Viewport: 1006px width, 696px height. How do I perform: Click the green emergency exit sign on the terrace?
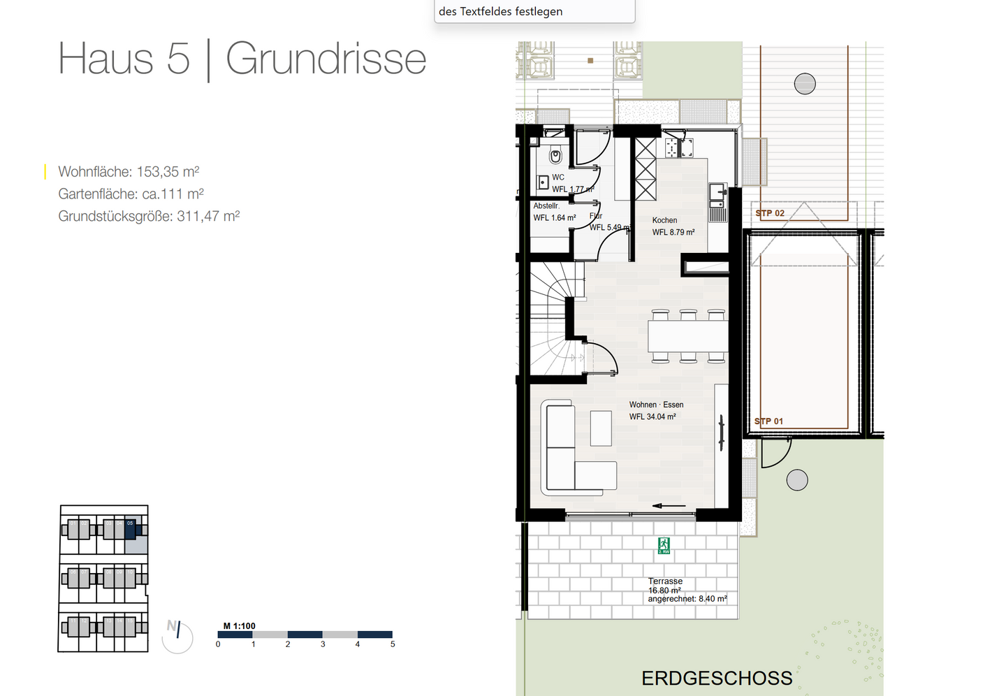point(663,546)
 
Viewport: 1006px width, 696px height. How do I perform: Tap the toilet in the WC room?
point(556,155)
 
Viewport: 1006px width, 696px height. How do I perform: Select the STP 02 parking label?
point(770,213)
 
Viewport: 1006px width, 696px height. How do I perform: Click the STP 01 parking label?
point(769,421)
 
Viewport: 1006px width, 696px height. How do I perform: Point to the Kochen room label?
point(664,220)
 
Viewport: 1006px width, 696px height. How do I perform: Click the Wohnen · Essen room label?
point(656,405)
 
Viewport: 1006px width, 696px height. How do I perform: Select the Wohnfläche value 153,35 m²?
point(168,172)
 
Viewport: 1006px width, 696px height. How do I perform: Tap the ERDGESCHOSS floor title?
point(717,679)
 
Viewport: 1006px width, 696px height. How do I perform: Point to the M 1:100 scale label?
point(239,626)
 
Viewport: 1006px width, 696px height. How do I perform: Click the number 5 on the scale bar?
point(393,644)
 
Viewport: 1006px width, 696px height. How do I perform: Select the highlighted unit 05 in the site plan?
point(130,529)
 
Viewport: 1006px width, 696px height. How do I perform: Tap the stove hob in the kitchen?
point(679,147)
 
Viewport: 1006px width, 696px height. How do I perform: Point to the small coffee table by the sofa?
point(601,428)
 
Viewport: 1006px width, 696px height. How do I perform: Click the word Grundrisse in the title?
point(326,59)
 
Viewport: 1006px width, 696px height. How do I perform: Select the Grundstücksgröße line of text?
point(149,217)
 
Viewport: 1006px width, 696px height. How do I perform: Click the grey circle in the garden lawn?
point(797,480)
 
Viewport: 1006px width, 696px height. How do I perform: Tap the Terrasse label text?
point(665,581)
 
